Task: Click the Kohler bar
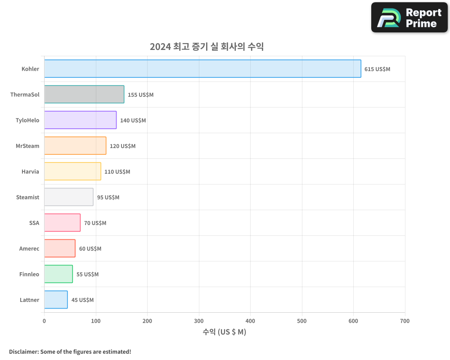[202, 69]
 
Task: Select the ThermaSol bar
[84, 94]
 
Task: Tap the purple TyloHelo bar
[80, 120]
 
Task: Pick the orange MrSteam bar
[75, 146]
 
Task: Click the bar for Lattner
[56, 300]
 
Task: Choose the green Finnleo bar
[58, 274]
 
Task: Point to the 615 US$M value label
[377, 69]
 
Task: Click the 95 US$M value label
[108, 198]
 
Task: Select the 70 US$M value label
[95, 223]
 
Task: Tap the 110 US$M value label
[117, 172]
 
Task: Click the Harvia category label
[30, 171]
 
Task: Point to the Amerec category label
[29, 248]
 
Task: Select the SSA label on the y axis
[34, 223]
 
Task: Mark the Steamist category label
[27, 197]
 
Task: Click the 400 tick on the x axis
[251, 321]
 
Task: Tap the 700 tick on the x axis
[405, 321]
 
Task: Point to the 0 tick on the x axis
[44, 321]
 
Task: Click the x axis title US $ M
[225, 332]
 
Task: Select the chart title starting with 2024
[207, 47]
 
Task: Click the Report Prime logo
[409, 18]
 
